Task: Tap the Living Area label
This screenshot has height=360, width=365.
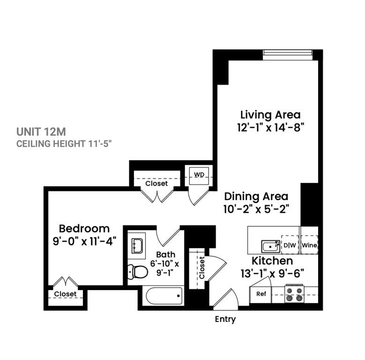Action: [270, 114]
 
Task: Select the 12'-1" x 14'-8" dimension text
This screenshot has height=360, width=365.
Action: [270, 128]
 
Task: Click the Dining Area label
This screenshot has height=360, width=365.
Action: [256, 196]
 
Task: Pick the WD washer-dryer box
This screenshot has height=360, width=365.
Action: [199, 175]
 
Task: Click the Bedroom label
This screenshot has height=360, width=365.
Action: [84, 229]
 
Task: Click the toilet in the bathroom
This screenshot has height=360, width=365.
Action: [137, 271]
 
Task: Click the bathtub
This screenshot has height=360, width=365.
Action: [164, 296]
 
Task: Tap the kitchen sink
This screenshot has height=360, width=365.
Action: [270, 246]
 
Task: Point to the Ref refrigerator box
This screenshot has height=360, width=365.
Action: [261, 294]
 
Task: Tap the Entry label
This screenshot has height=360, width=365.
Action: [225, 320]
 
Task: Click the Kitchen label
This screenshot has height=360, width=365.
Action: [273, 261]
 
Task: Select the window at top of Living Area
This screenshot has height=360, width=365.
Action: [288, 52]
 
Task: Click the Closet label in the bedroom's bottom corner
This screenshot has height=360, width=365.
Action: [65, 294]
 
